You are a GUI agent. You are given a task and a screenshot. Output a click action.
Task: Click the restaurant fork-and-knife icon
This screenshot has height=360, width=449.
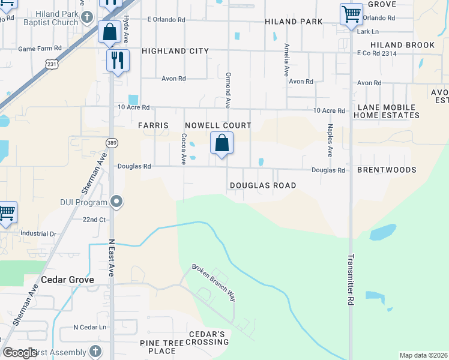click(x=117, y=60)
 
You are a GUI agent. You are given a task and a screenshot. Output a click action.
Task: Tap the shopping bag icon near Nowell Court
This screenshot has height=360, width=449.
click(x=221, y=143)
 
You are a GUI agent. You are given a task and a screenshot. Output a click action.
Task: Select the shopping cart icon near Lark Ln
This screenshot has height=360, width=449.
click(x=351, y=14)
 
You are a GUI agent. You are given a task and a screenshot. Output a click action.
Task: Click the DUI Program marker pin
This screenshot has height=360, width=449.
click(x=117, y=202)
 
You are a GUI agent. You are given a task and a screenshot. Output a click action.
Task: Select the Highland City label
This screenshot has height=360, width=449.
click(x=175, y=52)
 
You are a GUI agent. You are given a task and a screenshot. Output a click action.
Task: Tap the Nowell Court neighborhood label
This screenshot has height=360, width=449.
click(x=217, y=125)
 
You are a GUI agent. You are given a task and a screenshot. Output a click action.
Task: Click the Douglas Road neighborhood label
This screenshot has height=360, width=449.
click(x=263, y=185)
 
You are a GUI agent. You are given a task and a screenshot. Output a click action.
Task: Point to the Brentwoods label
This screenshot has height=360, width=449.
click(x=387, y=170)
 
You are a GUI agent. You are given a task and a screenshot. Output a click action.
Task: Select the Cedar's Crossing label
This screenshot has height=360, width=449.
click(x=206, y=338)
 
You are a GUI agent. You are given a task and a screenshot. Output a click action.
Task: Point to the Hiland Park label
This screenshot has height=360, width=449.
click(x=294, y=22)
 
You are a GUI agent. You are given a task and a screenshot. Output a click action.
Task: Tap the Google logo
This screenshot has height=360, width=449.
click(x=20, y=353)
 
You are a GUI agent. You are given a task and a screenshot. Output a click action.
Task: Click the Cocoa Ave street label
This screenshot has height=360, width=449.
click(x=184, y=149)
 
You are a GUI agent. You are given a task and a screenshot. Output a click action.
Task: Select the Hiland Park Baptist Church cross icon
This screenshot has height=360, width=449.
click(x=88, y=17)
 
